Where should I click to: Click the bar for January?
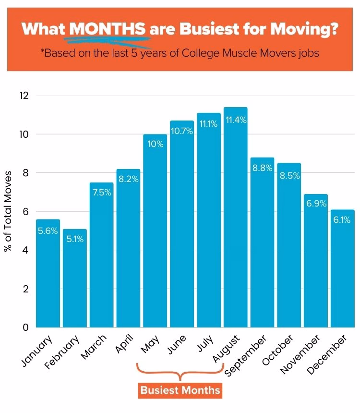pos(48,274)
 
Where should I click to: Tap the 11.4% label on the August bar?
pos(236,120)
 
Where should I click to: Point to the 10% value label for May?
pos(156,144)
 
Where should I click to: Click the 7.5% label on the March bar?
pos(102,193)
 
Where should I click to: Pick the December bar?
pos(342,269)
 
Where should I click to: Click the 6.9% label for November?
pos(316,204)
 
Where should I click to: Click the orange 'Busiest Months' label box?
pos(180,389)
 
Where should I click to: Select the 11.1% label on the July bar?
pos(209,124)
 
